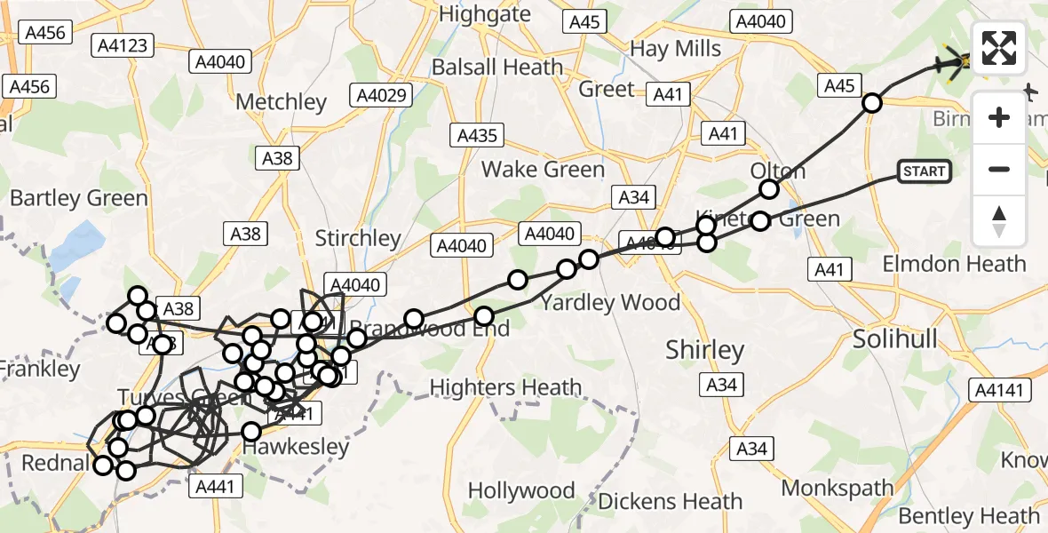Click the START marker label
point(925,171)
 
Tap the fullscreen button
point(999,49)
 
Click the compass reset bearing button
point(999,221)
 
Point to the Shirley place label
point(705,350)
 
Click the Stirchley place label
point(358,239)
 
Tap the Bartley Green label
point(78,198)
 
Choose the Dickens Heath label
point(669,501)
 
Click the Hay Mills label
point(675,48)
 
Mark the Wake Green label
point(543,170)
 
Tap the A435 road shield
point(478,135)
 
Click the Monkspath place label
point(838,488)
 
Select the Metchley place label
point(282,102)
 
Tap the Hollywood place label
point(521,491)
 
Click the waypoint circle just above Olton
point(769,189)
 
